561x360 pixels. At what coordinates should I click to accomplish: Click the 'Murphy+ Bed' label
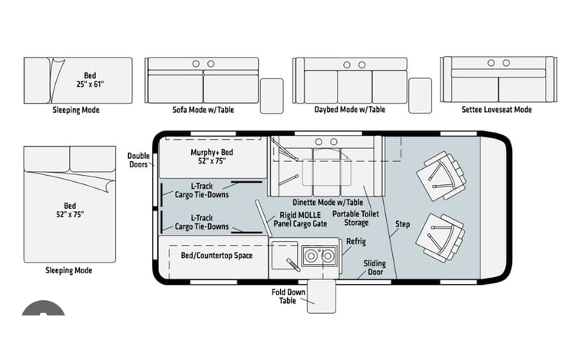click(x=212, y=153)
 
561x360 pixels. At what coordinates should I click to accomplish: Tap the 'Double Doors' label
click(x=138, y=160)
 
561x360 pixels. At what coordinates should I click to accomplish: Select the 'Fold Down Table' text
click(x=288, y=296)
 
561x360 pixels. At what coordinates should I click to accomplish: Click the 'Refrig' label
click(x=356, y=242)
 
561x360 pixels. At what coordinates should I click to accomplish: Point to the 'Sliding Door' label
click(x=375, y=268)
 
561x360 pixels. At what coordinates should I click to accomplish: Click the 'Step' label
click(x=402, y=224)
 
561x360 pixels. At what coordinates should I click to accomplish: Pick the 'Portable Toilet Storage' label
click(x=355, y=218)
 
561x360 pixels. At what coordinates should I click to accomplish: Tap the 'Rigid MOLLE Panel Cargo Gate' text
click(x=300, y=220)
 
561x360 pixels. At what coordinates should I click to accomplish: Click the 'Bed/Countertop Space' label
click(x=217, y=256)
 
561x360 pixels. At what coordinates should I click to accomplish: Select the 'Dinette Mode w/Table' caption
click(x=328, y=202)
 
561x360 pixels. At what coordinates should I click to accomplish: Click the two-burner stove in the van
click(x=319, y=256)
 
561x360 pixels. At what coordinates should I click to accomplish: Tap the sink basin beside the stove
click(x=285, y=256)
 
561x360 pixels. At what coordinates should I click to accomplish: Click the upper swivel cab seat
click(x=442, y=176)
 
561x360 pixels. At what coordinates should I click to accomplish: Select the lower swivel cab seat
click(x=441, y=238)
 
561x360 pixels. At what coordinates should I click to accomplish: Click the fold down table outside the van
click(x=322, y=296)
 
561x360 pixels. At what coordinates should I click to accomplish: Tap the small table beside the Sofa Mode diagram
click(x=272, y=96)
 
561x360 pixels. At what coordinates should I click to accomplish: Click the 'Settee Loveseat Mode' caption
click(x=497, y=110)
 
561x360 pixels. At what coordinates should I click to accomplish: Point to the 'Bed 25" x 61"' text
click(x=90, y=80)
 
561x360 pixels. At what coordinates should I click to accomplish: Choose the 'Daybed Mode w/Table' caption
click(x=350, y=110)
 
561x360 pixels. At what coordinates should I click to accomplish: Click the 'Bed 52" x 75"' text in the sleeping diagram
click(x=70, y=210)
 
